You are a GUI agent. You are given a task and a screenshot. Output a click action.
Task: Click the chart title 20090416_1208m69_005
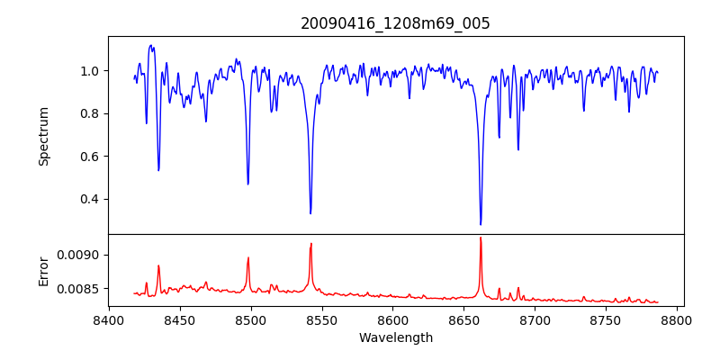[x=395, y=23]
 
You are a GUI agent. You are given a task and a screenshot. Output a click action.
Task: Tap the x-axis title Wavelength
[x=395, y=338]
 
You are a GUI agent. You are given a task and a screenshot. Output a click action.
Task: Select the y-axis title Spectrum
[x=43, y=136]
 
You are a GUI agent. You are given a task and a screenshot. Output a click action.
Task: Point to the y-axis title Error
[x=43, y=270]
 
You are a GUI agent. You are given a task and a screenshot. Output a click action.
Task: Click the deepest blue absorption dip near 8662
[x=481, y=224]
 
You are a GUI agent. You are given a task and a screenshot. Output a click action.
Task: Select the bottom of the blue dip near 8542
[x=310, y=213]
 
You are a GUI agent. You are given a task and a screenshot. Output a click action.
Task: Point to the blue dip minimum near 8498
[x=248, y=184]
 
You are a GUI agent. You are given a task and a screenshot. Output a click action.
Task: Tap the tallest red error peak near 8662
[x=481, y=238]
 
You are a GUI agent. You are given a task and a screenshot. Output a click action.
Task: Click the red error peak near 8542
[x=310, y=244]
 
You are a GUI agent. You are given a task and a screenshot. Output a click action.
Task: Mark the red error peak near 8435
[x=158, y=265]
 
